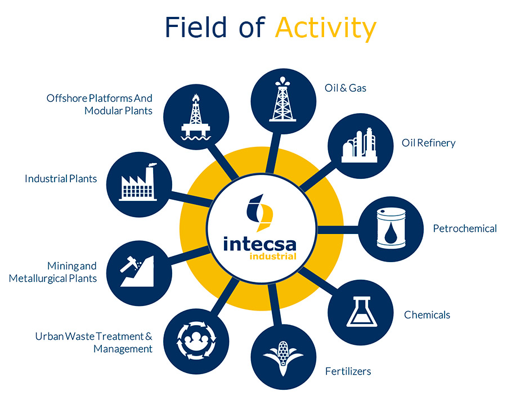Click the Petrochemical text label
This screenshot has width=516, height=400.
tap(465, 228)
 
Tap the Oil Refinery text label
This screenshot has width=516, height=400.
tap(428, 143)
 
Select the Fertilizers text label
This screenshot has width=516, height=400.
tap(348, 371)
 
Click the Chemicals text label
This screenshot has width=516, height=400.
tap(427, 314)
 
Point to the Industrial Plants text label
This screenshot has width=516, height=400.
tap(61, 179)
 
